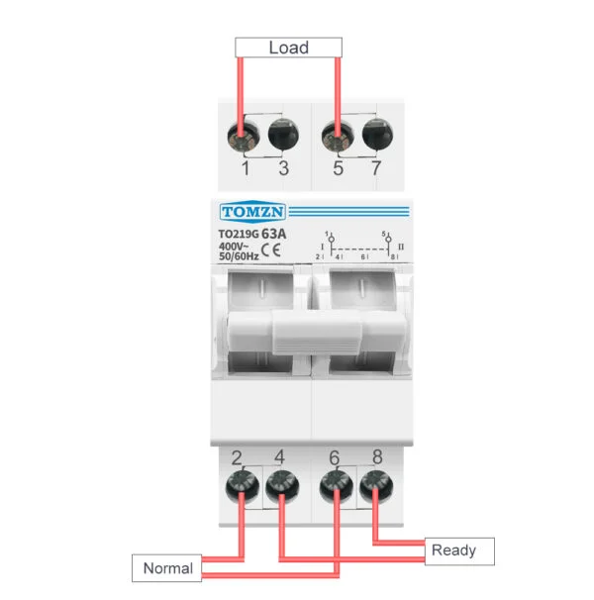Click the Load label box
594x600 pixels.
coord(288,48)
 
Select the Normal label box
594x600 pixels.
coord(167,568)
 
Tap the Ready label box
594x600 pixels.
coord(453,550)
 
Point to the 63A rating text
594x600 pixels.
coord(274,234)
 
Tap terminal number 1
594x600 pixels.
coord(246,168)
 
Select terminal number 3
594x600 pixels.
coord(283,168)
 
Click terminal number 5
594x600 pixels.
coord(338,168)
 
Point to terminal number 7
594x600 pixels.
coord(375,168)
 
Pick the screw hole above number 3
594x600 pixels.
coord(283,133)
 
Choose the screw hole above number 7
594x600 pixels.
coord(375,133)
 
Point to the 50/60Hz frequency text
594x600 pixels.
coord(239,256)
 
